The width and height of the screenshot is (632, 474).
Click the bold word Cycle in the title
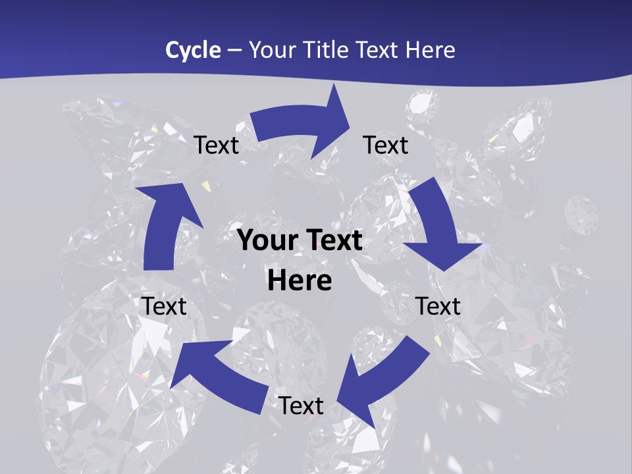click(x=193, y=50)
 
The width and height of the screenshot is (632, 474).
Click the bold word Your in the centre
click(x=266, y=241)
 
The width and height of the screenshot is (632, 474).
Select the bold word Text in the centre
click(x=330, y=241)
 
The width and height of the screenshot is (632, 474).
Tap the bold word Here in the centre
click(x=299, y=281)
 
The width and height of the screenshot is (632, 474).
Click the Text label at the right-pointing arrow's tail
click(x=216, y=145)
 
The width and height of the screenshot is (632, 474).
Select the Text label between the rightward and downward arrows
click(x=386, y=145)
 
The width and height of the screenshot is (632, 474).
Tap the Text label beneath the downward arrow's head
click(x=438, y=306)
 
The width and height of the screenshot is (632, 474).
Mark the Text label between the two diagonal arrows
click(x=301, y=406)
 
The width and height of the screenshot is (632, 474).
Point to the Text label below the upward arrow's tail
click(x=164, y=306)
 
